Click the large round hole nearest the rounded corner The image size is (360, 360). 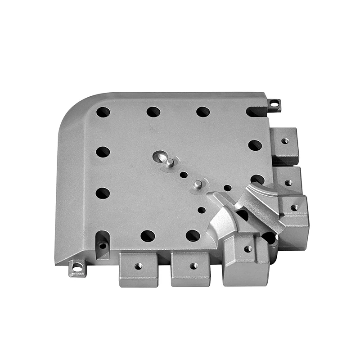click(103, 112)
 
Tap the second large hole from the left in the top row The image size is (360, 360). click(153, 112)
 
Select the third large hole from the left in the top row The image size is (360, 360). click(203, 112)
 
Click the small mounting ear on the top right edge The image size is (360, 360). click(274, 105)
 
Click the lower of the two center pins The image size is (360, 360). click(197, 184)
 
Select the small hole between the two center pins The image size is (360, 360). click(184, 174)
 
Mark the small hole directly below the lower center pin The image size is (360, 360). click(202, 210)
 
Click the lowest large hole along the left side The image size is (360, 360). click(103, 193)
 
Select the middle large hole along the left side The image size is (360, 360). click(103, 152)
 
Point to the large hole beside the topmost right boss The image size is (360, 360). click(255, 145)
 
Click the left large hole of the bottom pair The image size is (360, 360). click(148, 235)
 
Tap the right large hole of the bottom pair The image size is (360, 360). click(193, 235)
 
